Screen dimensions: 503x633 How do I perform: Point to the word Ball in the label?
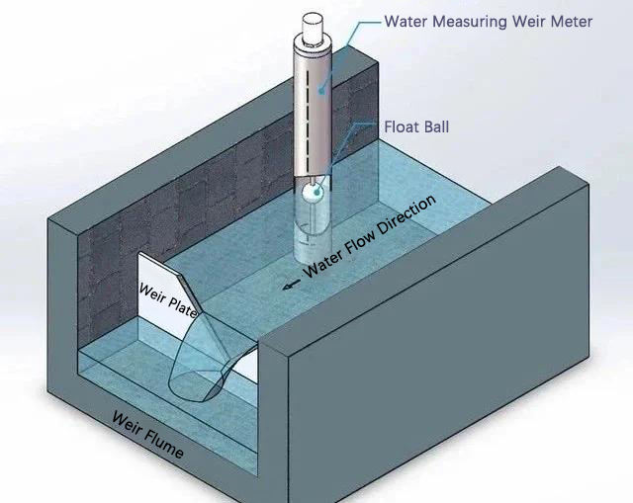coord(435,127)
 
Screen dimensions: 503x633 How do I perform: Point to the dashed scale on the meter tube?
coord(320,109)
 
